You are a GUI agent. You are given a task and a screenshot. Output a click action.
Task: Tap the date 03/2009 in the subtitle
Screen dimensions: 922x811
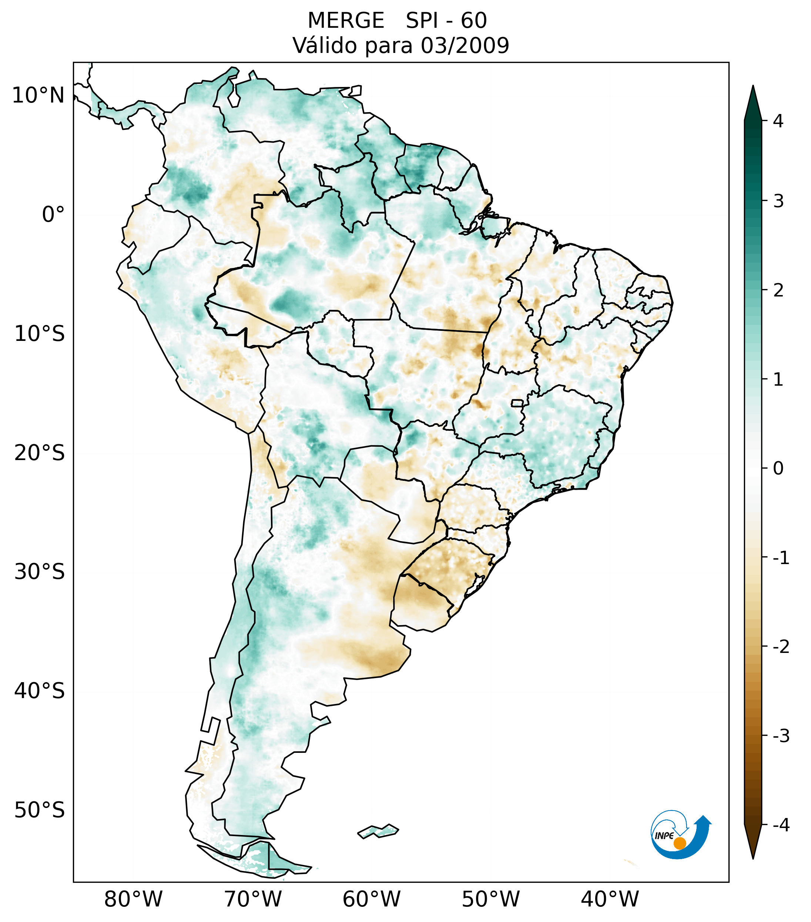[465, 46]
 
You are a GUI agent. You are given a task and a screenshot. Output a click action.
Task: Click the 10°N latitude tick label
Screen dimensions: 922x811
[38, 95]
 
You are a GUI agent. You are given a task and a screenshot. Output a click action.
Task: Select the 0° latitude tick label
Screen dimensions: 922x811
[53, 215]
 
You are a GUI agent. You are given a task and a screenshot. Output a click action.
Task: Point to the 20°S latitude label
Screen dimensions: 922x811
[40, 453]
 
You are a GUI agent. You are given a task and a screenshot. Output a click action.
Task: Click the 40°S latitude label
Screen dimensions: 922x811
[40, 691]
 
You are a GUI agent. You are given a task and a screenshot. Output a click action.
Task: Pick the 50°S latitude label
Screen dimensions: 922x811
[40, 811]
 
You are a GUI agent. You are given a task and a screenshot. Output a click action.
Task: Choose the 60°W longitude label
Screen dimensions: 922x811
[371, 899]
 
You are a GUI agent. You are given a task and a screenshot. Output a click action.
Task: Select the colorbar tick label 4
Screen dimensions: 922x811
[778, 121]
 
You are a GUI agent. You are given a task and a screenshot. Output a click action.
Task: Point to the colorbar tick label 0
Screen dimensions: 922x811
[778, 469]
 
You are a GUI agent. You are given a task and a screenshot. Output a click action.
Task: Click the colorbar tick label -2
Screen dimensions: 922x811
[781, 647]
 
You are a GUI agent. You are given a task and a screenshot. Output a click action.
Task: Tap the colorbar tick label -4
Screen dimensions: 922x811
[781, 825]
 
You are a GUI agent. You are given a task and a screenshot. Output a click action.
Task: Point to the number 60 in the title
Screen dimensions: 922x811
[474, 21]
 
